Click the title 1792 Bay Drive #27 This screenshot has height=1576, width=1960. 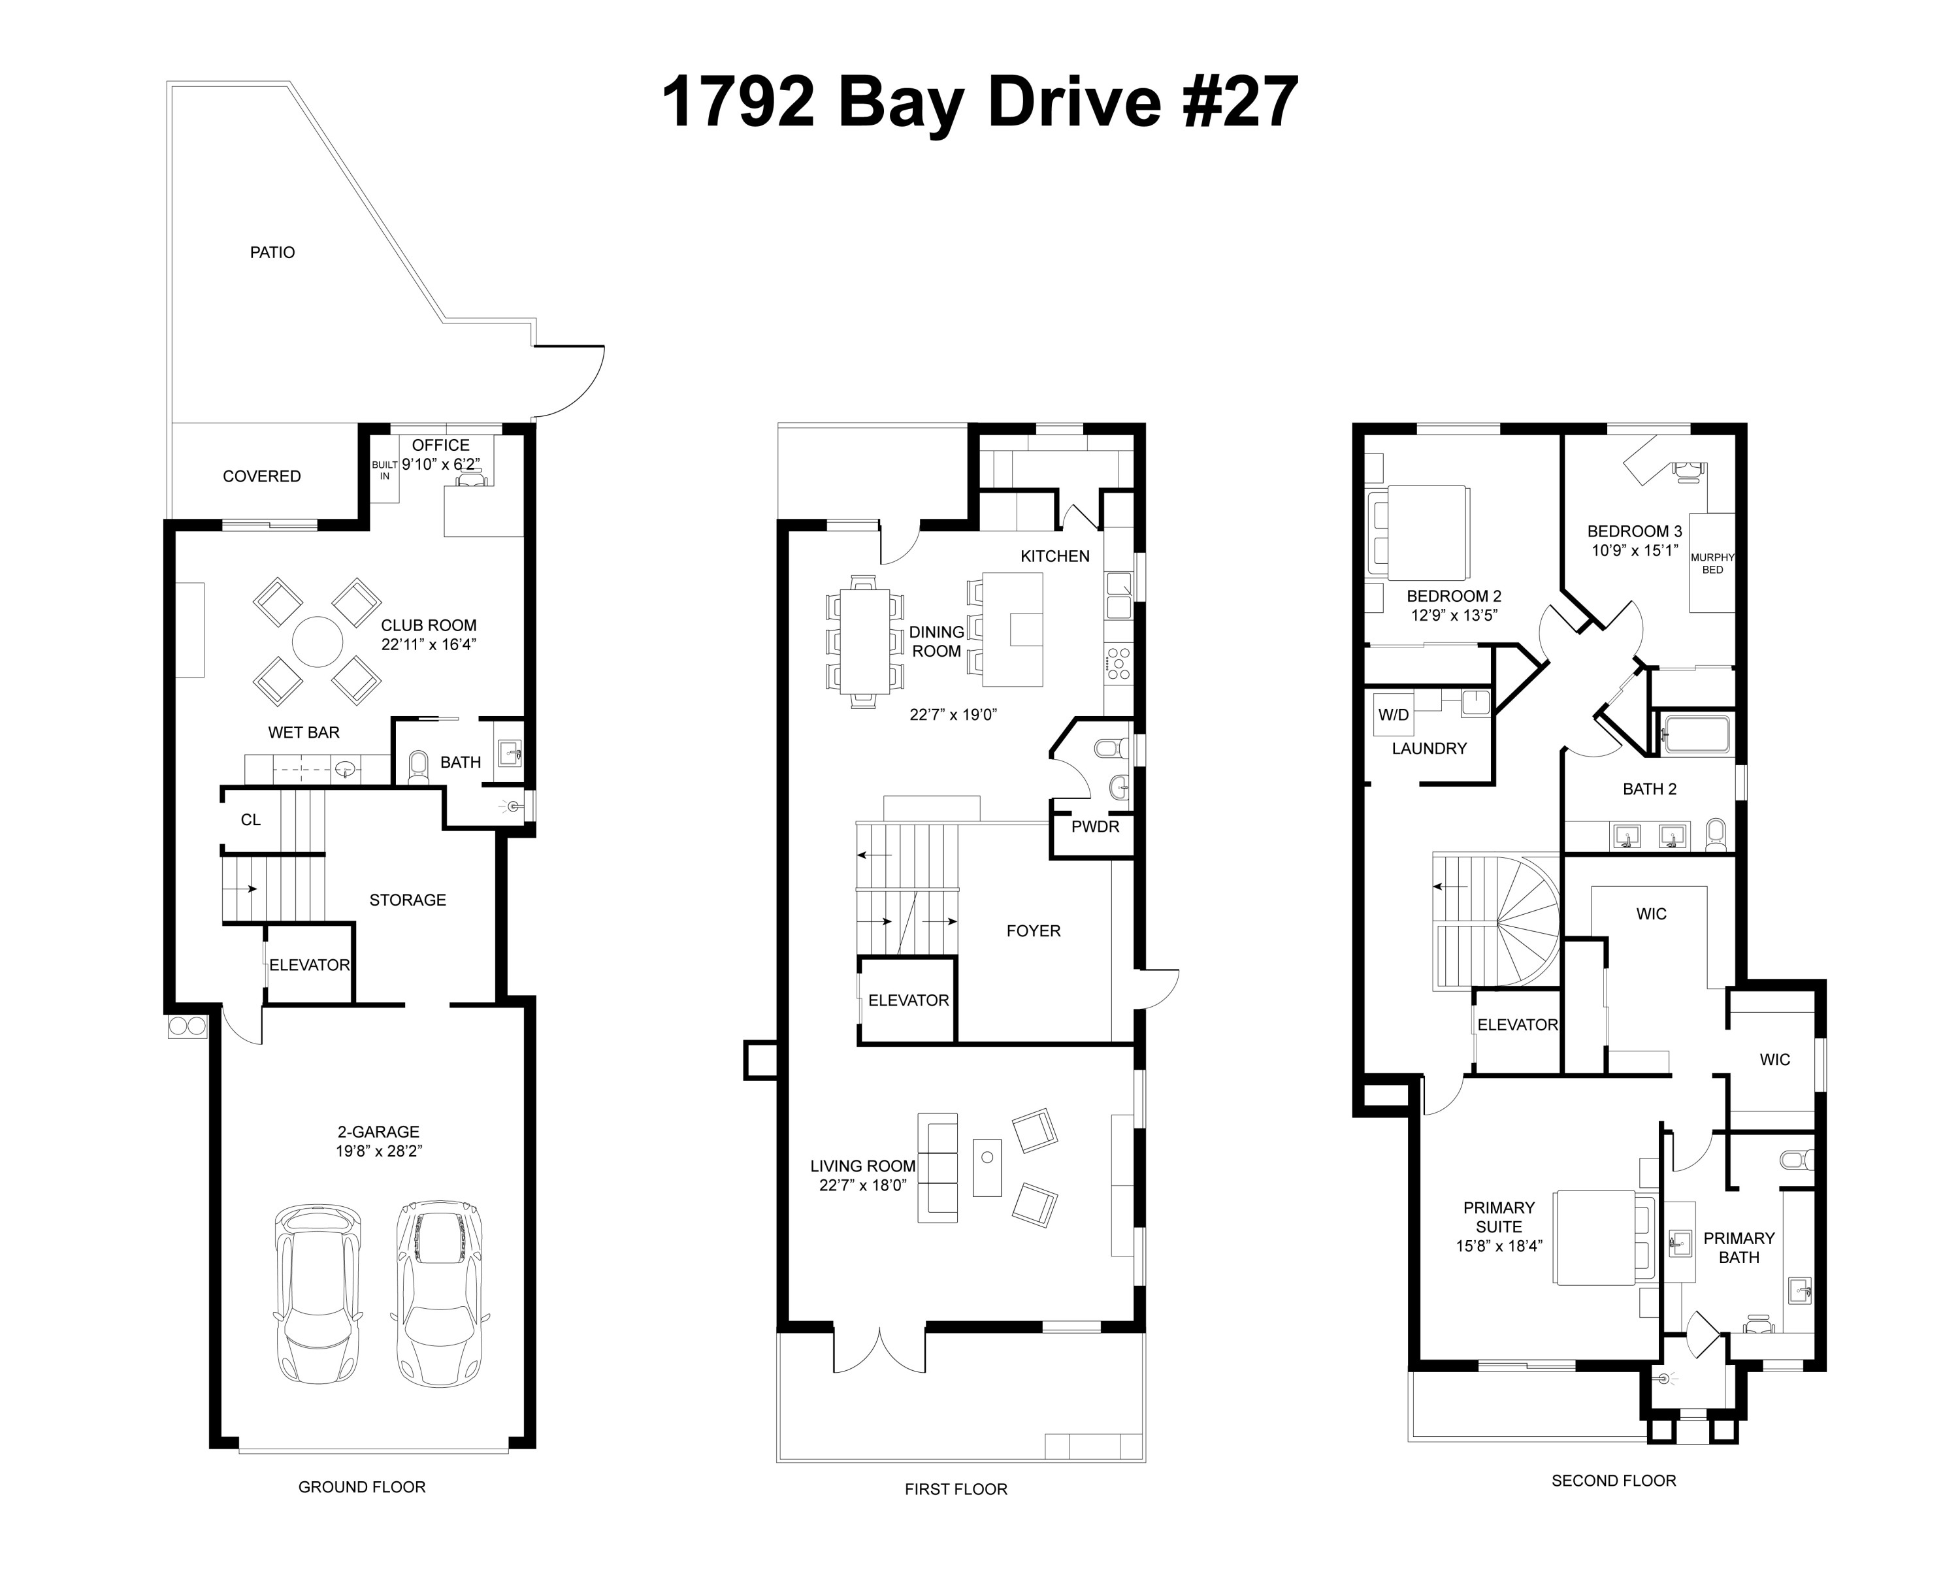pyautogui.click(x=979, y=102)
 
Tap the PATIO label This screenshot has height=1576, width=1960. pyautogui.click(x=272, y=253)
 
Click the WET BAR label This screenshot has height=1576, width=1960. pyautogui.click(x=304, y=732)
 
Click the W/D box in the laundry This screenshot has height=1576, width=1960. pyautogui.click(x=1393, y=715)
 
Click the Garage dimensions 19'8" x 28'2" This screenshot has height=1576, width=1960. pyautogui.click(x=378, y=1151)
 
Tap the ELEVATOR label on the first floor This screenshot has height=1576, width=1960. pyautogui.click(x=907, y=1000)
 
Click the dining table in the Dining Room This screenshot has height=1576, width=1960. pyautogui.click(x=864, y=641)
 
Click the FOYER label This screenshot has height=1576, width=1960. pyautogui.click(x=1033, y=931)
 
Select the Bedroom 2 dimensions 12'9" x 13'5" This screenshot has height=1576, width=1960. pyautogui.click(x=1454, y=616)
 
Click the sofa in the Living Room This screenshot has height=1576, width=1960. pyautogui.click(x=938, y=1168)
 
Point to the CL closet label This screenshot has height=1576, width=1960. pyautogui.click(x=251, y=820)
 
